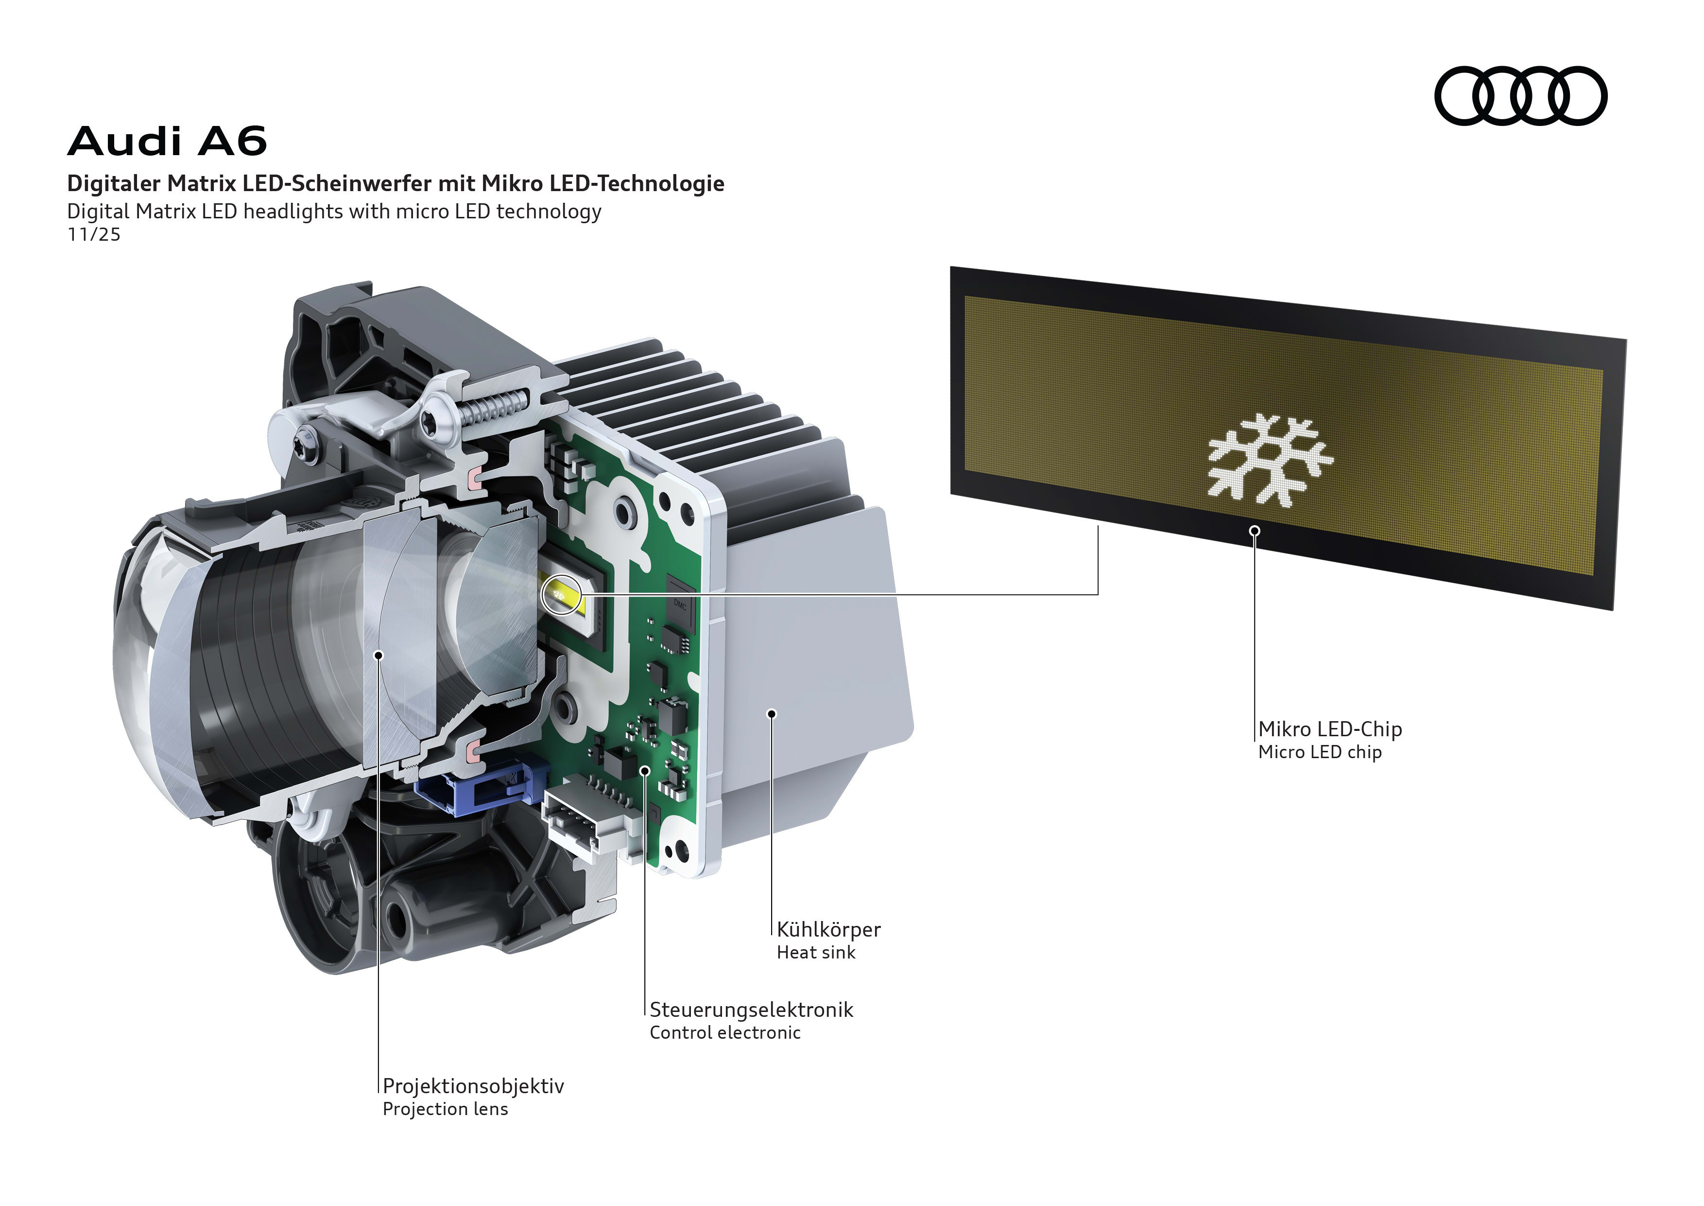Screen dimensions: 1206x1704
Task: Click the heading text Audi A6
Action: pos(167,141)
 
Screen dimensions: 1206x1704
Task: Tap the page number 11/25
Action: pos(93,235)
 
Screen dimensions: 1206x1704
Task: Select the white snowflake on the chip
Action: pos(1270,461)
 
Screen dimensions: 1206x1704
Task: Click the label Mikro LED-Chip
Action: pos(1329,729)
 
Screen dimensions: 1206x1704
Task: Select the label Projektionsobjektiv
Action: pos(473,1086)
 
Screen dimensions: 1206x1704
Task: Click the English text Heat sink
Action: pos(816,953)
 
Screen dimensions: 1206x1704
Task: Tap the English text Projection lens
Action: pos(445,1109)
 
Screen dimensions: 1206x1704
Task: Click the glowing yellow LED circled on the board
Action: pos(562,595)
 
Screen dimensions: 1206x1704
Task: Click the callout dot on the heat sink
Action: pos(772,714)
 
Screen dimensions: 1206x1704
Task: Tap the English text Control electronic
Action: pos(724,1033)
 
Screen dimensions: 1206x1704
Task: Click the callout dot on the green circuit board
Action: pos(645,771)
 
